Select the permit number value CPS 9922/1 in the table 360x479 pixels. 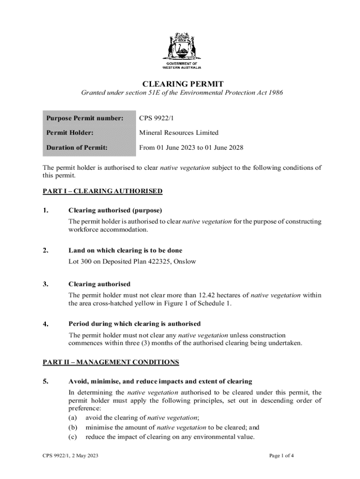pos(156,118)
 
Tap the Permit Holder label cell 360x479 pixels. pos(70,133)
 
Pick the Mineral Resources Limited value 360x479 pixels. pos(179,133)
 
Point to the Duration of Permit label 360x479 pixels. pos(77,148)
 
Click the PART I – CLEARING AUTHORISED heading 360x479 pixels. pos(102,191)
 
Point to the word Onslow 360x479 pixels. pos(185,261)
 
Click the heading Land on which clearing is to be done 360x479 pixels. pos(125,251)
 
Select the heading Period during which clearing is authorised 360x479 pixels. pos(135,324)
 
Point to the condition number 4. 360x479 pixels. pos(46,324)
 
